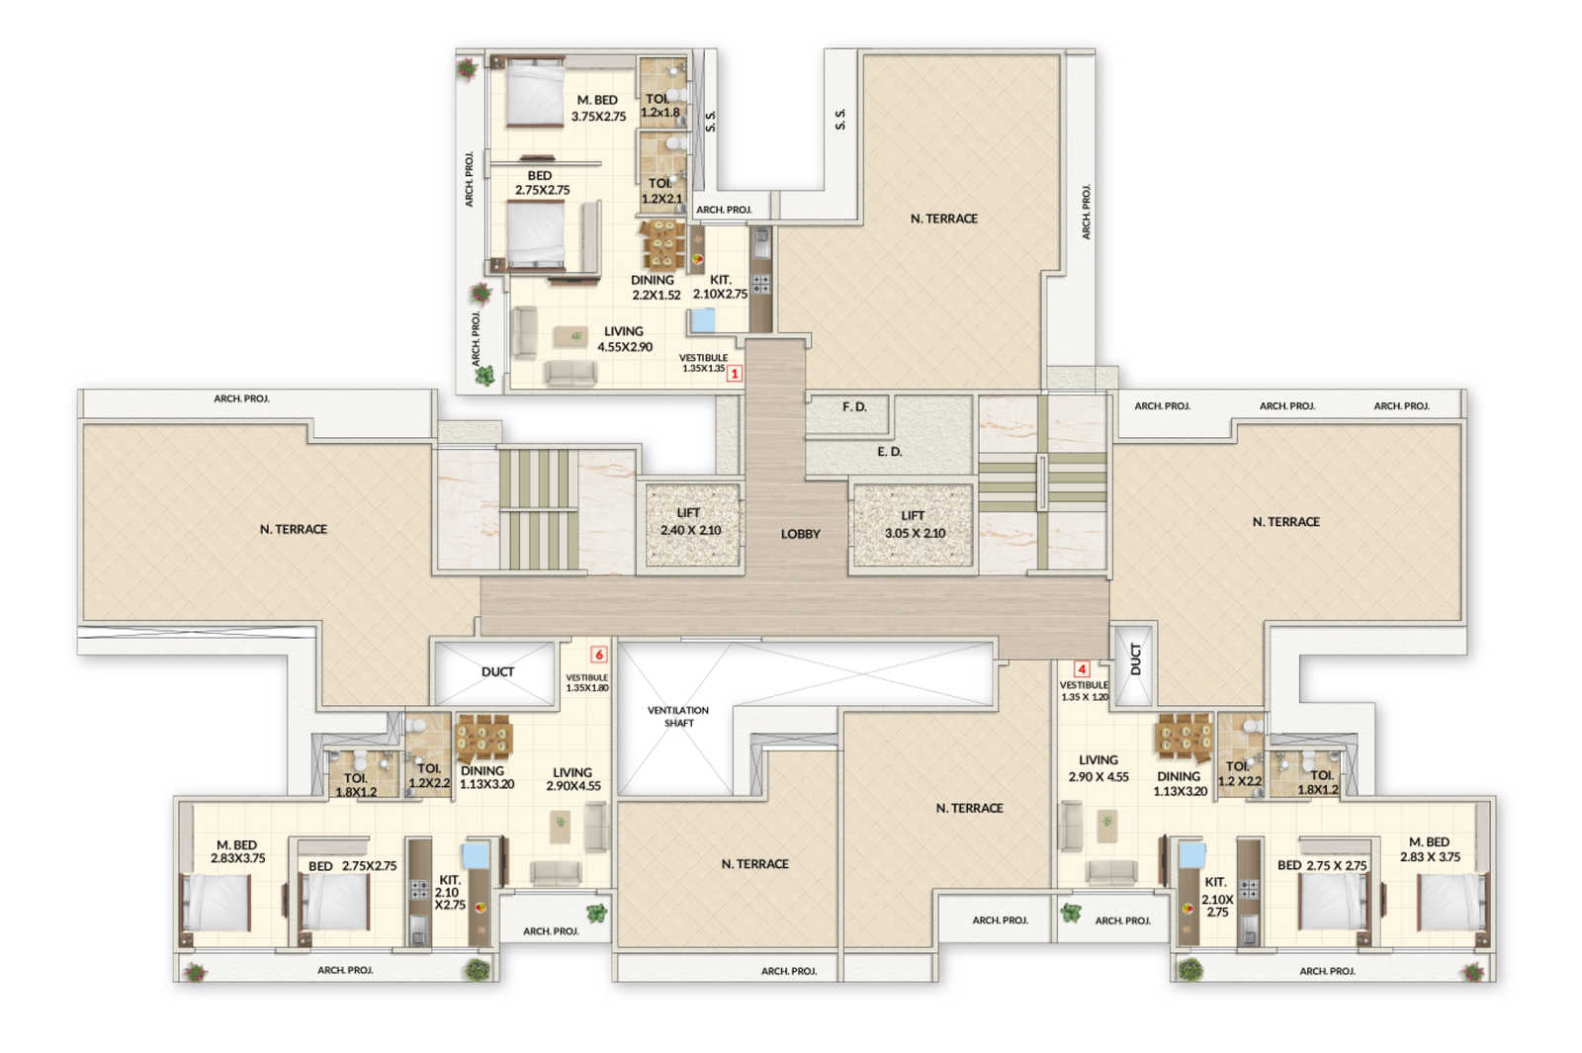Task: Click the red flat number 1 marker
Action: [735, 374]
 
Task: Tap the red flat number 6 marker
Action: [598, 655]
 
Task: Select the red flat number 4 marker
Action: [1082, 669]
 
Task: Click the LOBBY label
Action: [800, 534]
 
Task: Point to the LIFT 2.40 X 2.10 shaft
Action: [691, 524]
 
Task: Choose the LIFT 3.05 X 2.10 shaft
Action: [913, 525]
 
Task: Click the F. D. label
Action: [854, 407]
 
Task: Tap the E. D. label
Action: [889, 452]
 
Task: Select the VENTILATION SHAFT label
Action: [678, 717]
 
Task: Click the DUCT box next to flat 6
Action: [497, 672]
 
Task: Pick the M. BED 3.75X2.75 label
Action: [598, 108]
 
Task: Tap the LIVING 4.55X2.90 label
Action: [624, 339]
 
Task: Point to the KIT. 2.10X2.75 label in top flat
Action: [720, 287]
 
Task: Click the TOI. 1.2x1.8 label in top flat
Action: [659, 106]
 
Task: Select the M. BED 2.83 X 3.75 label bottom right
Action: [1430, 849]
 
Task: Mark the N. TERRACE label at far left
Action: [293, 530]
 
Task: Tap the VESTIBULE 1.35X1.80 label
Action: [586, 682]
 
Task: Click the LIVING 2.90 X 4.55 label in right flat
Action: [1099, 768]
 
